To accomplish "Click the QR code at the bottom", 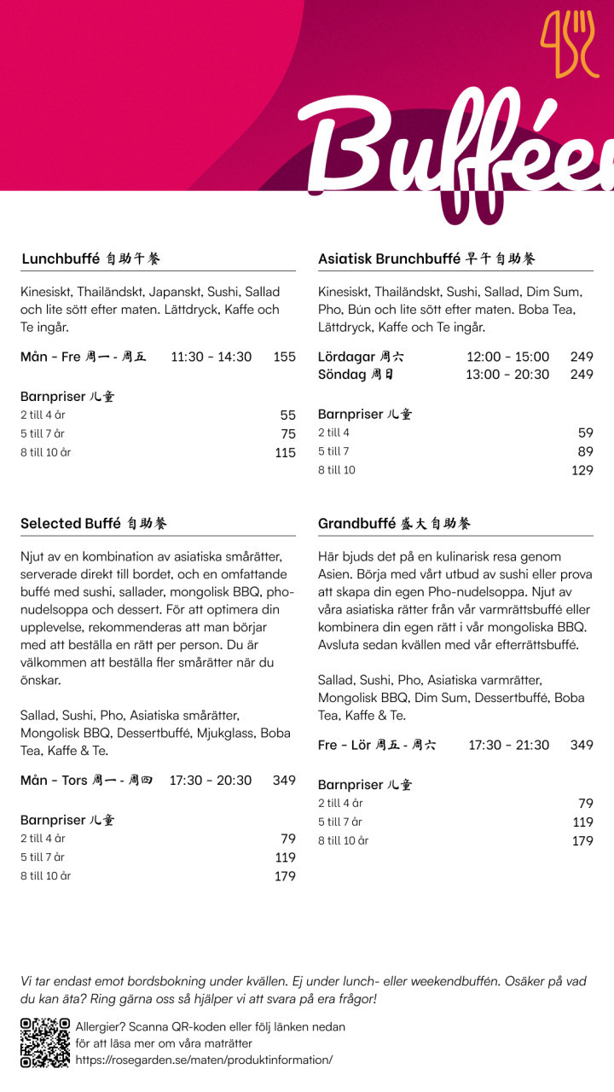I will (45, 1043).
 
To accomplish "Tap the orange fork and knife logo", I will (569, 44).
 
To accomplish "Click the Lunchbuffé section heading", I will (90, 258).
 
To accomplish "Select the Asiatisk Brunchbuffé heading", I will (426, 258).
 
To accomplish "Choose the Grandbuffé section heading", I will (394, 523).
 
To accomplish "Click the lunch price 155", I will (285, 357).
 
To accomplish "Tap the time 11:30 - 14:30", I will (211, 357).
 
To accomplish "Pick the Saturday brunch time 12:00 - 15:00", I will (507, 357).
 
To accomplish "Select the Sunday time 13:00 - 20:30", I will (507, 375).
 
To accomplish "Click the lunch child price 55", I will (288, 415).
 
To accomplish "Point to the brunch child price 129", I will (582, 470).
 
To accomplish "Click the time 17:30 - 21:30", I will (509, 745).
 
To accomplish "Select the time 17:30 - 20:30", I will (211, 781).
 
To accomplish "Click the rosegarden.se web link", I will (204, 1060).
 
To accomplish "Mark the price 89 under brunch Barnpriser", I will (585, 451).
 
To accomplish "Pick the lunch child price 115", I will (286, 453).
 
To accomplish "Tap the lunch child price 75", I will (288, 434).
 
